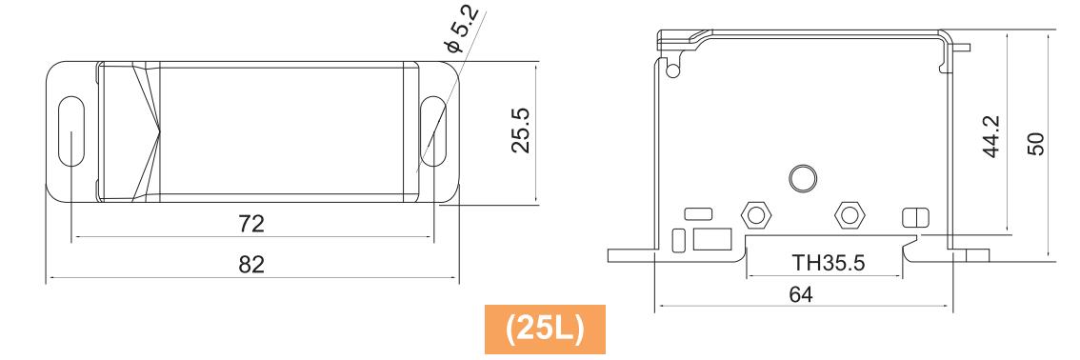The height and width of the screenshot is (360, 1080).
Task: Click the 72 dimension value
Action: click(x=251, y=223)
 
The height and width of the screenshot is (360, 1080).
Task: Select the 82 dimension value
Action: click(x=251, y=265)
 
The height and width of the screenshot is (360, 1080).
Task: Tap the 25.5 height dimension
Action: click(x=520, y=130)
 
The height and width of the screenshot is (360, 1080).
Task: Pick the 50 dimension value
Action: click(x=1035, y=144)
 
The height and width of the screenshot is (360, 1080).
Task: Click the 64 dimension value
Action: click(x=801, y=294)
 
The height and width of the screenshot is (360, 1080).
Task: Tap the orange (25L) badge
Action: click(x=545, y=329)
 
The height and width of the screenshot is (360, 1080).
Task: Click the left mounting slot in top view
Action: click(x=70, y=132)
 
